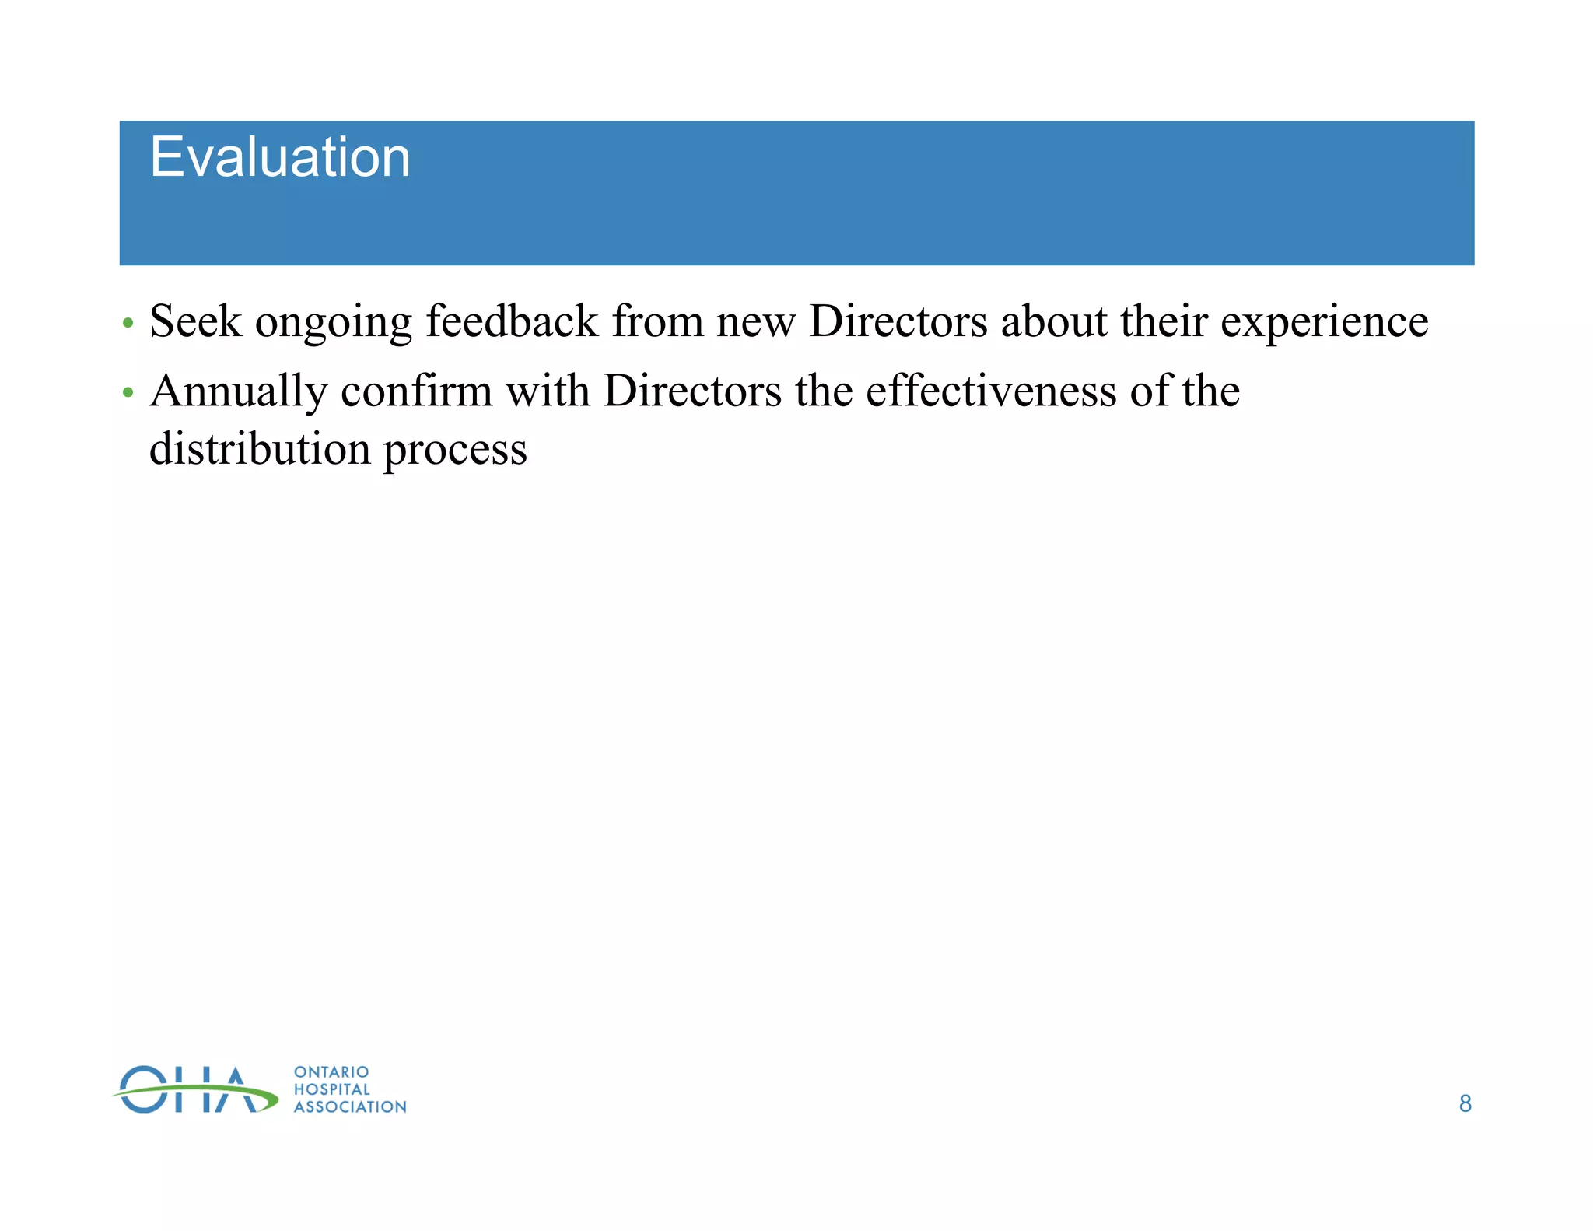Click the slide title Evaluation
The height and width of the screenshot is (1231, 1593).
(x=279, y=158)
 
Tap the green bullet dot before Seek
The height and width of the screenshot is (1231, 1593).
(x=128, y=322)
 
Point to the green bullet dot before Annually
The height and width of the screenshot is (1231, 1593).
(x=128, y=391)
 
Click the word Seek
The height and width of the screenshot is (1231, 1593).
(x=195, y=321)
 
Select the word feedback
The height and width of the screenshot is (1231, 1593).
(x=512, y=321)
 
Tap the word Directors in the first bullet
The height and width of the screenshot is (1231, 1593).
(x=898, y=321)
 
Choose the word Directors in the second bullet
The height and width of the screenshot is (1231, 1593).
(x=692, y=391)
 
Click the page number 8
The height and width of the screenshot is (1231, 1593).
(x=1465, y=1103)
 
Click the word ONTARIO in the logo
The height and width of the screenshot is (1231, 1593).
(x=331, y=1072)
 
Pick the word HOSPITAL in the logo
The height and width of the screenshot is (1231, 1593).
(x=332, y=1089)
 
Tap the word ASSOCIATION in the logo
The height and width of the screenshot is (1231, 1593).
(x=350, y=1106)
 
